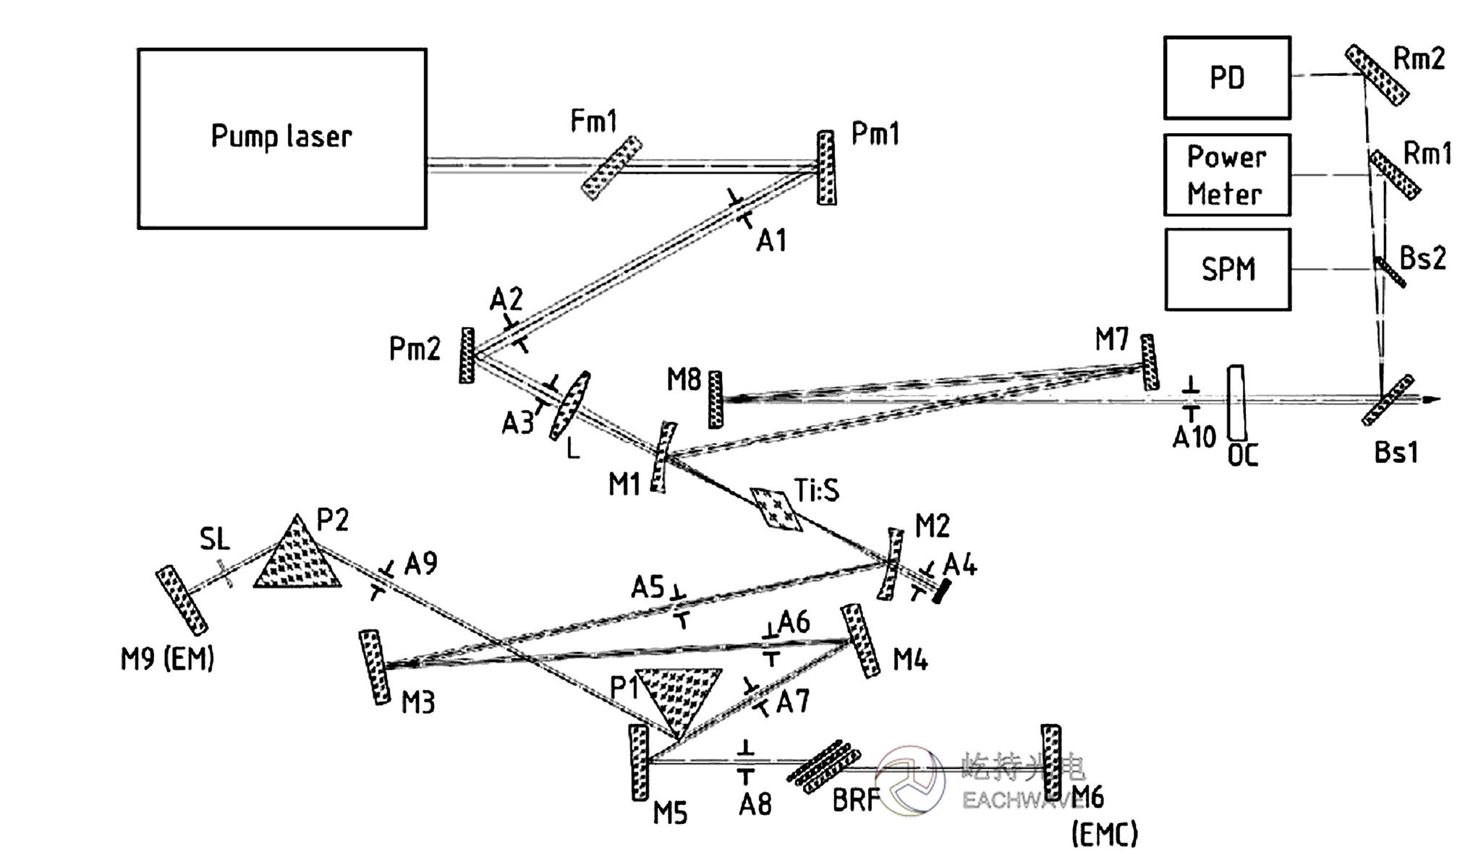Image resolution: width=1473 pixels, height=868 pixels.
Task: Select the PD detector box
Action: point(1227,78)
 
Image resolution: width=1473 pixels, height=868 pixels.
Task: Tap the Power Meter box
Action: point(1227,175)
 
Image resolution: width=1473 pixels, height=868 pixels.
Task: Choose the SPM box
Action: point(1227,270)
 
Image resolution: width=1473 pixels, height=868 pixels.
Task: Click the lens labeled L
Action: point(570,405)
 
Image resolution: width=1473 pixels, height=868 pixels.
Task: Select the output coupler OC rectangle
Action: point(1236,402)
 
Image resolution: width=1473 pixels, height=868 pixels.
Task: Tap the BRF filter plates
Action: point(823,767)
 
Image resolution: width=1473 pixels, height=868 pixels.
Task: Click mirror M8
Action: point(715,399)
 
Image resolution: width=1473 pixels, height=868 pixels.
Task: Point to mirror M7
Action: point(1150,362)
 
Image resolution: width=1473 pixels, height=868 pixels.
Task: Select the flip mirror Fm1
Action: point(612,168)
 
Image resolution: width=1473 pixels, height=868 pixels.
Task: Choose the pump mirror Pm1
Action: point(826,168)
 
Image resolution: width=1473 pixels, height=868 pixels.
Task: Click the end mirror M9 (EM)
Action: point(182,600)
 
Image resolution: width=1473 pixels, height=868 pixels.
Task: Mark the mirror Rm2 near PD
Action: point(1376,75)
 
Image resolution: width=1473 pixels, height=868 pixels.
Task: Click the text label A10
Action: point(1194,437)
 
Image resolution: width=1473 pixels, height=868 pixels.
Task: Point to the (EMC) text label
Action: point(1104,835)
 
